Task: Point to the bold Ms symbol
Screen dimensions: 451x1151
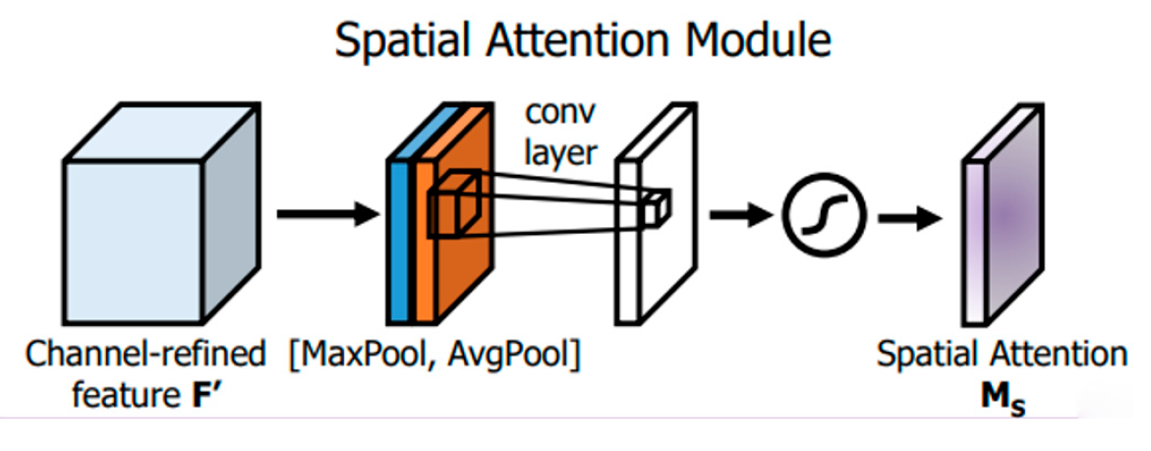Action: [x=1001, y=400]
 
